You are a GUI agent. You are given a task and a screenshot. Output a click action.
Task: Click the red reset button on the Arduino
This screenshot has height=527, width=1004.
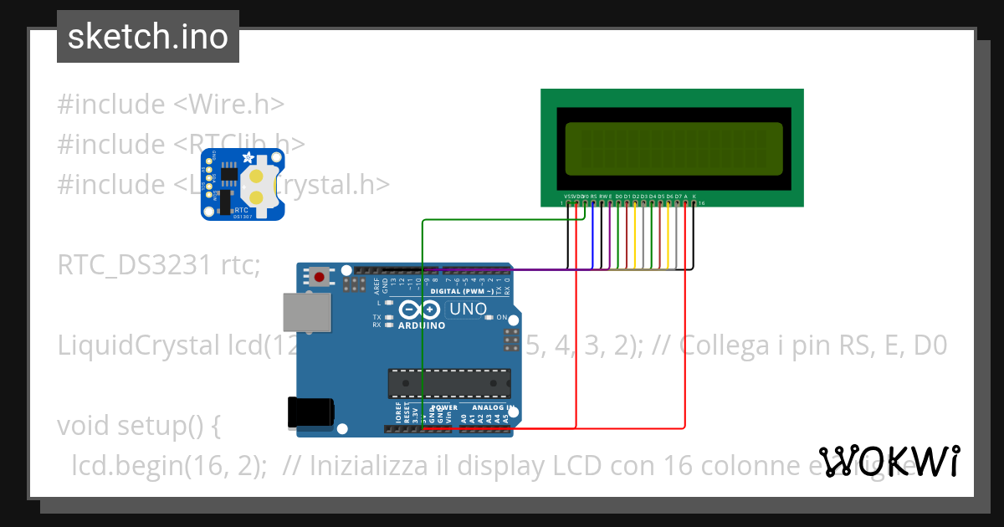coord(319,275)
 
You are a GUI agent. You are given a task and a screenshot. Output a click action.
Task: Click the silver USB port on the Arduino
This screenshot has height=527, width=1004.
coord(306,312)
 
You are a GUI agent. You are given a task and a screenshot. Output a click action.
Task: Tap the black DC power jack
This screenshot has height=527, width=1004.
coord(310,412)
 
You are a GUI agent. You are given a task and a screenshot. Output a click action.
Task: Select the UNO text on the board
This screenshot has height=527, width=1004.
coord(468,309)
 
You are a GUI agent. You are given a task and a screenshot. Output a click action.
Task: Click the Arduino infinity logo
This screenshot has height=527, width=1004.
coord(421,309)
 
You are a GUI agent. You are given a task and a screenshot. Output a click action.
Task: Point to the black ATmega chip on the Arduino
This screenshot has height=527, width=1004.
coord(448,382)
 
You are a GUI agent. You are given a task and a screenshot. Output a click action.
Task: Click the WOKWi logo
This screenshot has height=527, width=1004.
coord(889,461)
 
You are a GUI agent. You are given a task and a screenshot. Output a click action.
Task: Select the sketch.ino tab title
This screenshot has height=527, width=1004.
coord(148,37)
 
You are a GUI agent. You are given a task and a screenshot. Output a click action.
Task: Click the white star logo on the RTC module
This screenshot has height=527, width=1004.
coord(248,157)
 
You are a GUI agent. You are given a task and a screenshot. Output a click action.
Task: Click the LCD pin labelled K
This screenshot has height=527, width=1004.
coord(694,202)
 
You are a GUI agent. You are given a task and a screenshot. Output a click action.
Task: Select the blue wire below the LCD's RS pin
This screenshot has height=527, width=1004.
coord(593,234)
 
